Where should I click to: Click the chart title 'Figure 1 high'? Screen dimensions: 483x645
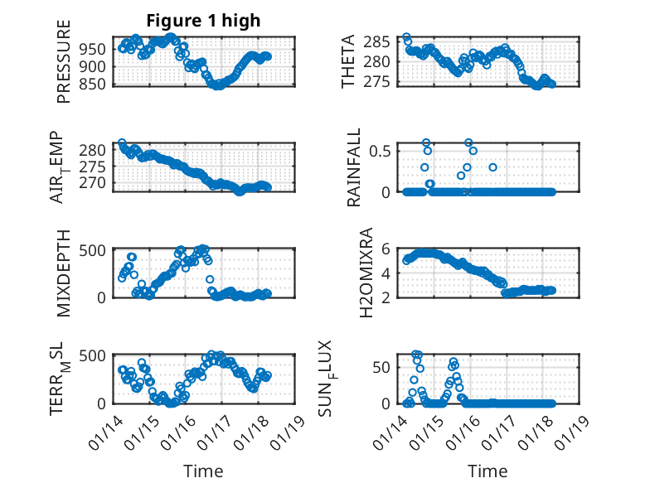(203, 21)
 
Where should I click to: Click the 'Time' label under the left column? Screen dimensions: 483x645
(203, 471)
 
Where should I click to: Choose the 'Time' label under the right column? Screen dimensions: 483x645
(487, 471)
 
